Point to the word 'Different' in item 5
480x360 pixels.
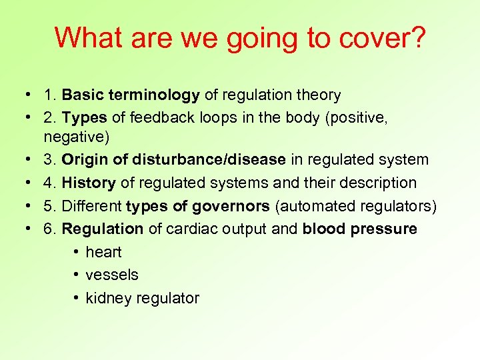91,206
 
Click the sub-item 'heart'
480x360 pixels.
103,252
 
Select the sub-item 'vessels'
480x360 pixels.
112,275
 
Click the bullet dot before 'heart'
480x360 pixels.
77,252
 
